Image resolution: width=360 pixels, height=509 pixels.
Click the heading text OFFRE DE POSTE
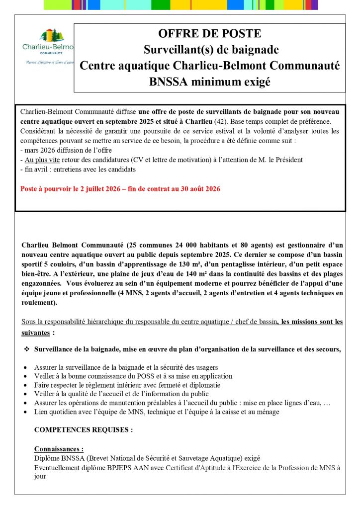pyautogui.click(x=209, y=34)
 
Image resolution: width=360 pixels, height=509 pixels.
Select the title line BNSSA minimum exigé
pyautogui.click(x=209, y=82)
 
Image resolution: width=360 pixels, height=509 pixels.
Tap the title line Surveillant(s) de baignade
pyautogui.click(x=209, y=50)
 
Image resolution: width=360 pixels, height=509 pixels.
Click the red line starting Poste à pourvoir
pyautogui.click(x=120, y=189)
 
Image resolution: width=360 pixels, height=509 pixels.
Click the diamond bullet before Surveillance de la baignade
pyautogui.click(x=27, y=349)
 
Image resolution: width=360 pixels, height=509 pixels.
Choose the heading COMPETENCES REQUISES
pyautogui.click(x=83, y=430)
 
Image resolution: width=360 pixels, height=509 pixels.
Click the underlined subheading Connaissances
pyautogui.click(x=59, y=449)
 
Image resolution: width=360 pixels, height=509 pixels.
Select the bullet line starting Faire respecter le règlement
pyautogui.click(x=127, y=385)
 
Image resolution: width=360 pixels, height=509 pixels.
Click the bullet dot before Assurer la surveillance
pyautogui.click(x=25, y=367)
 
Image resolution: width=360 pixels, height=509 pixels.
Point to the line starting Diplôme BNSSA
pyautogui.click(x=147, y=458)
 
